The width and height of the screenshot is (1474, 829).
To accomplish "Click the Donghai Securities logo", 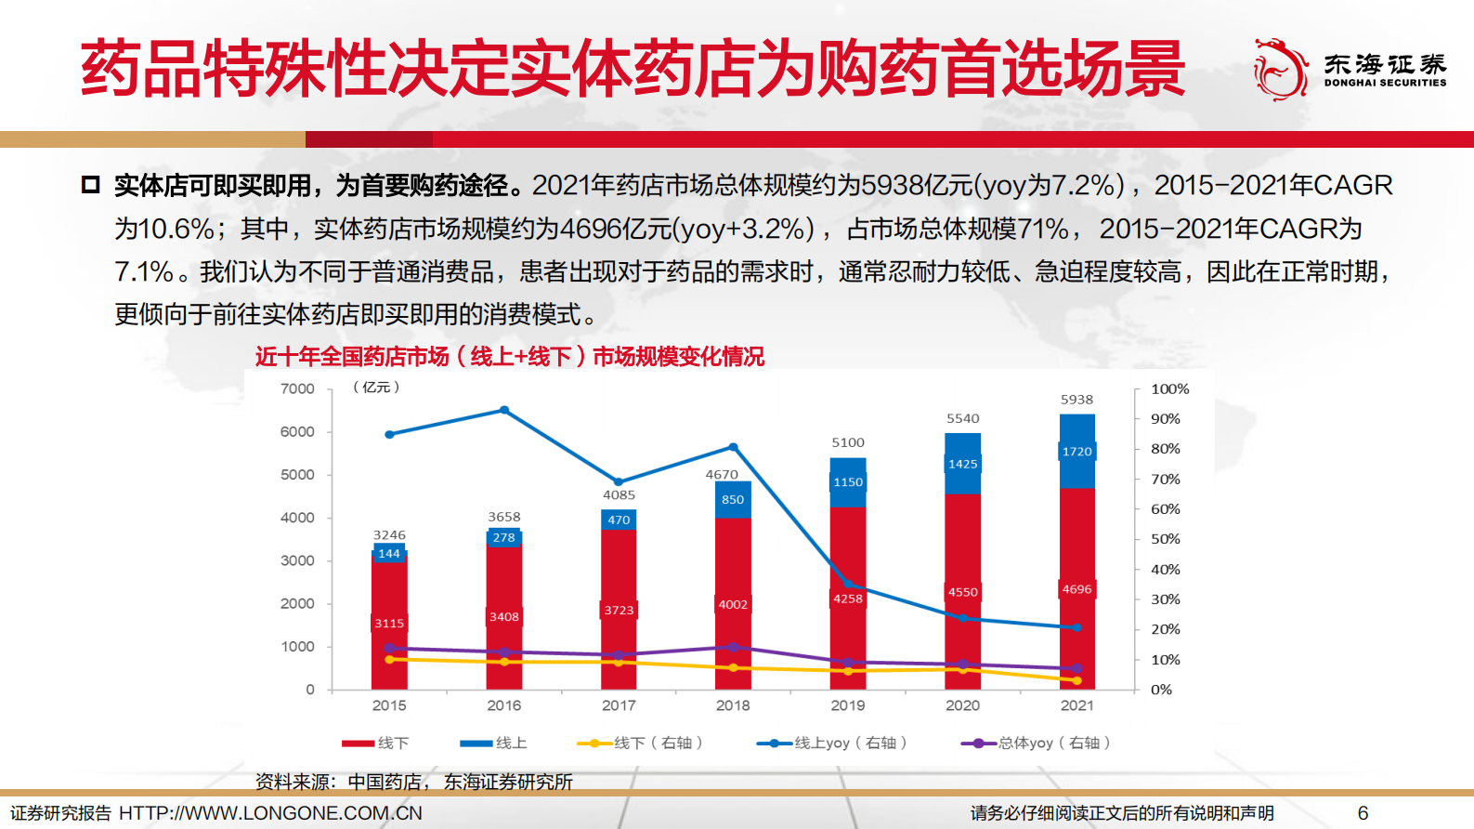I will tap(1349, 69).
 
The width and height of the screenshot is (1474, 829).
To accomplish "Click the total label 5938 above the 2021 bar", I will tap(1076, 400).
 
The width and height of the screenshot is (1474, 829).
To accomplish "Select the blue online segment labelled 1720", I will tap(1076, 452).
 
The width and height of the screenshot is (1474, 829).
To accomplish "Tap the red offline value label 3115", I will tap(389, 624).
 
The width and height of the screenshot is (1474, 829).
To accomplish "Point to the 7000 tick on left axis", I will tap(297, 388).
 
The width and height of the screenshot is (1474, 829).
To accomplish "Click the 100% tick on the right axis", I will tap(1169, 388).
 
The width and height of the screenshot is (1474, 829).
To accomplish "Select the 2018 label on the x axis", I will tap(733, 705).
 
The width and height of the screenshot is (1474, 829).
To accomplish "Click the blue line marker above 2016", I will tap(504, 410).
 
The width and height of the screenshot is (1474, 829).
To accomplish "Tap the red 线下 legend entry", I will tap(375, 743).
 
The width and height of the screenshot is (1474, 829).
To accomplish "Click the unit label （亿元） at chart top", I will tap(376, 387).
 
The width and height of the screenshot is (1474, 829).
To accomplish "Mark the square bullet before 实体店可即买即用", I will tap(90, 184).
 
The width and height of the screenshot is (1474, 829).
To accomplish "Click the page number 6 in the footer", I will tap(1363, 813).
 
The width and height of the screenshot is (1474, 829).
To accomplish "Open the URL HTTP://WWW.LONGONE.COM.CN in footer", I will tap(270, 813).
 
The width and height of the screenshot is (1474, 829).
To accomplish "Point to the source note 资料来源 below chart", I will tap(413, 782).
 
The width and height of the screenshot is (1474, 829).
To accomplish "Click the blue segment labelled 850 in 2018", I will tap(733, 499).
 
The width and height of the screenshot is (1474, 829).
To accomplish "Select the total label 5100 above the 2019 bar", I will tap(847, 442).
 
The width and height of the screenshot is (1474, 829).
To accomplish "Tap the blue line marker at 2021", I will tap(1076, 627).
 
